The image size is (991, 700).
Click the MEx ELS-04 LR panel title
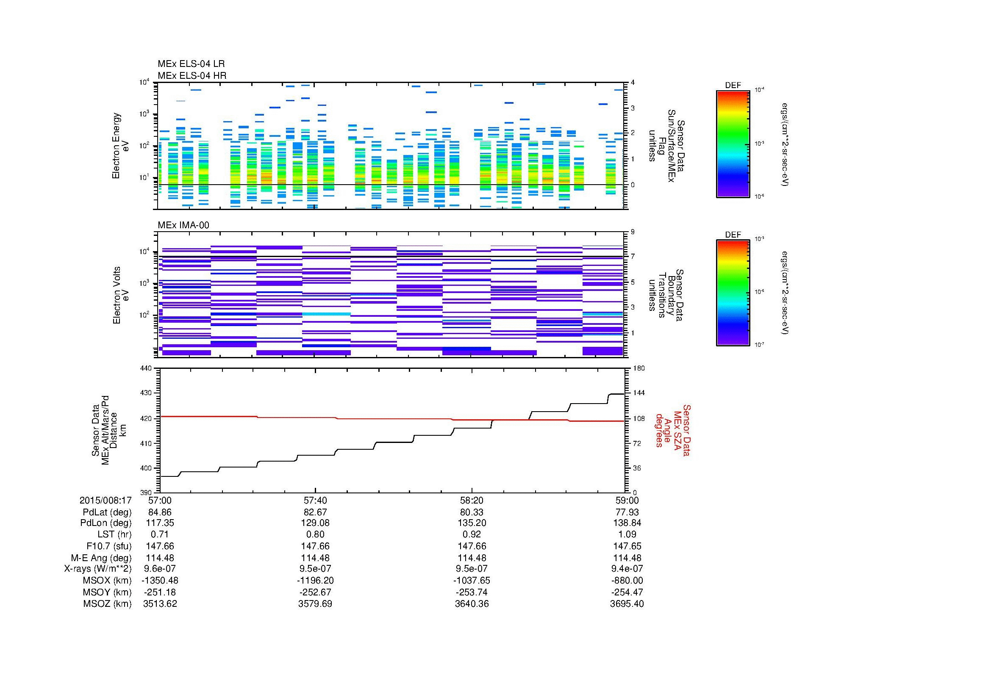click(x=191, y=64)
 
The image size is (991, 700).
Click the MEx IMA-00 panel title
click(x=183, y=225)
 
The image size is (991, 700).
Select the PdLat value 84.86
click(x=160, y=512)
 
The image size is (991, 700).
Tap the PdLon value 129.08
click(x=316, y=523)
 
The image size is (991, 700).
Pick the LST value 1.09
click(x=627, y=534)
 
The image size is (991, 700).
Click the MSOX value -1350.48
click(x=160, y=581)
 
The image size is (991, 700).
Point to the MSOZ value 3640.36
click(x=472, y=604)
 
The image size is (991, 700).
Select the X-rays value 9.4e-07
click(x=627, y=569)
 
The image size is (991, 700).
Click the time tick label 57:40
click(x=316, y=501)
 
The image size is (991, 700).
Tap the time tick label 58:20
click(x=472, y=501)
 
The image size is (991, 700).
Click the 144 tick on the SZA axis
click(x=638, y=393)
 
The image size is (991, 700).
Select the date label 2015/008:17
click(x=105, y=501)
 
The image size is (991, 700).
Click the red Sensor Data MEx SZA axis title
click(x=672, y=430)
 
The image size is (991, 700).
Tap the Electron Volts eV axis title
click(x=121, y=296)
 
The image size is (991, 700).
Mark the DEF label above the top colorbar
click(x=733, y=86)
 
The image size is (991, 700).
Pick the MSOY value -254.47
click(x=627, y=592)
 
